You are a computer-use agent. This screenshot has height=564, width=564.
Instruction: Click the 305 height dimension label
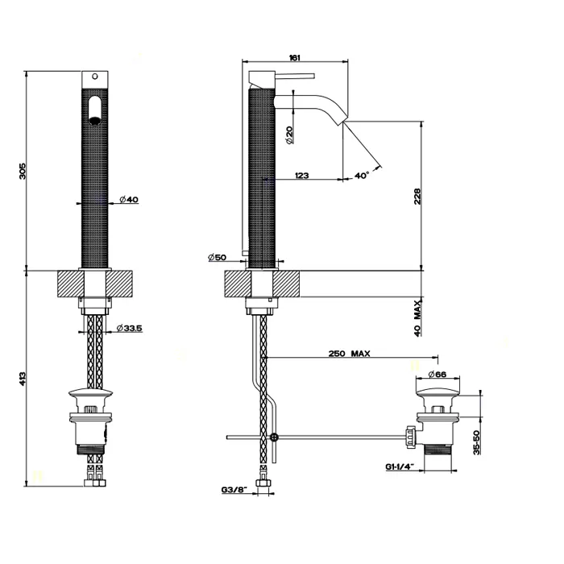click(23, 171)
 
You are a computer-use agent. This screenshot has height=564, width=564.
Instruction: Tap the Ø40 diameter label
click(131, 200)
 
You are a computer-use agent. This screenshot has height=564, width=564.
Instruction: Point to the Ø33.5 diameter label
click(129, 328)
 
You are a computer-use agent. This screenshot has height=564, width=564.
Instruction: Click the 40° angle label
click(361, 175)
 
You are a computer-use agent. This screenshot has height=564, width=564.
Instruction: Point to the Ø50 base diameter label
click(218, 257)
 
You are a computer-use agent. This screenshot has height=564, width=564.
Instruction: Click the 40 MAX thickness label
click(418, 317)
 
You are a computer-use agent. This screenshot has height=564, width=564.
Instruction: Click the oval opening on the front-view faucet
click(96, 110)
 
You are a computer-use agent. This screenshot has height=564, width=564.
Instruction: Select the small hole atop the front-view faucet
click(96, 77)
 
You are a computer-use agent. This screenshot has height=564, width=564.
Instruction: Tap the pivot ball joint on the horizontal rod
click(276, 438)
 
